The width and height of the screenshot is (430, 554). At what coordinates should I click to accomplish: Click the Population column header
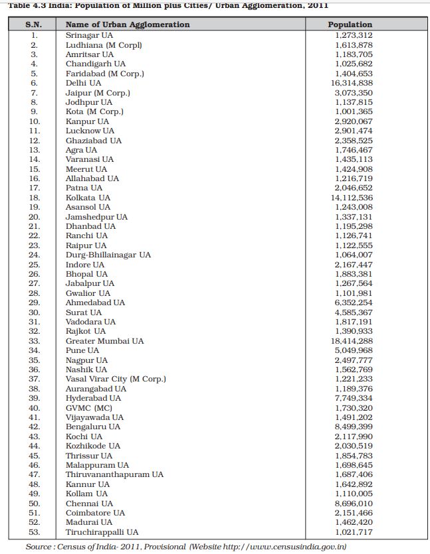[350, 25]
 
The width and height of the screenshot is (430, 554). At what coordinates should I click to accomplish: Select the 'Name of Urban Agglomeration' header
[128, 25]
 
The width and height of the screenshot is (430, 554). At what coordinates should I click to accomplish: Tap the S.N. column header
[34, 25]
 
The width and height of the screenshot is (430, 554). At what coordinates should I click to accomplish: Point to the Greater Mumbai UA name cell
[104, 341]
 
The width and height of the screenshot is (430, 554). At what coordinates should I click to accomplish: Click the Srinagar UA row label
[88, 35]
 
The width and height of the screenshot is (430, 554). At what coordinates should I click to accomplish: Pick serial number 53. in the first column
[34, 532]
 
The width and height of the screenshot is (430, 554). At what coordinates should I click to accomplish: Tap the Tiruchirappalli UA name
[102, 532]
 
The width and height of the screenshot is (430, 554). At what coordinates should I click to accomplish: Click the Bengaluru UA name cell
[93, 427]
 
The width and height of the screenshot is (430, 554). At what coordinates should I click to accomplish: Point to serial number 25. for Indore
[34, 265]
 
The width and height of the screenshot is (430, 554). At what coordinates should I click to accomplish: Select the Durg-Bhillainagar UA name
[108, 255]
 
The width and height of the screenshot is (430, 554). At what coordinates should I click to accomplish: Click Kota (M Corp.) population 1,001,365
[354, 111]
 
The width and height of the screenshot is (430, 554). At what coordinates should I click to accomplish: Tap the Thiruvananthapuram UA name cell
[114, 474]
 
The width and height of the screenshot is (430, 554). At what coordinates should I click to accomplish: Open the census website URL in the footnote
[289, 546]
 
